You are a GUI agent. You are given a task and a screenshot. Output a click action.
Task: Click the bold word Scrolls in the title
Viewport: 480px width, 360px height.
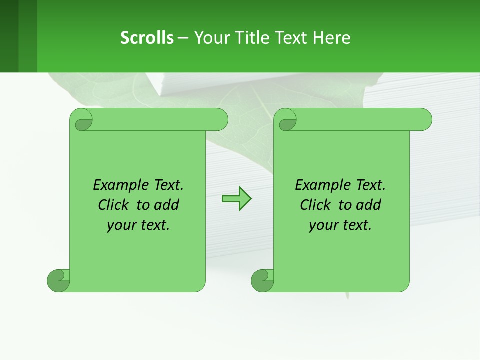click(x=147, y=38)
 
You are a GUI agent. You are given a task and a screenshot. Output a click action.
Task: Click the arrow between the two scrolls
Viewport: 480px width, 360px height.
click(x=236, y=199)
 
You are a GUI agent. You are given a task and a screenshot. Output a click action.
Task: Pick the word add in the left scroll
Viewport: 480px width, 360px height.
click(x=167, y=205)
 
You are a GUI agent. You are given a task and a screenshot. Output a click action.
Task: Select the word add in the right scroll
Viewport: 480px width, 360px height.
click(x=369, y=205)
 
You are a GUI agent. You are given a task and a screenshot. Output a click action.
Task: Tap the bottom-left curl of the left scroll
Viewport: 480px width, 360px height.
click(x=58, y=280)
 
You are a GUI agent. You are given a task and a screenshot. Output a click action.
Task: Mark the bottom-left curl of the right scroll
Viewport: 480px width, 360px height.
click(x=262, y=280)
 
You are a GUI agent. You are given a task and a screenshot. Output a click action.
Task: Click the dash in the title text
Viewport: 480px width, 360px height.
click(x=183, y=38)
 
